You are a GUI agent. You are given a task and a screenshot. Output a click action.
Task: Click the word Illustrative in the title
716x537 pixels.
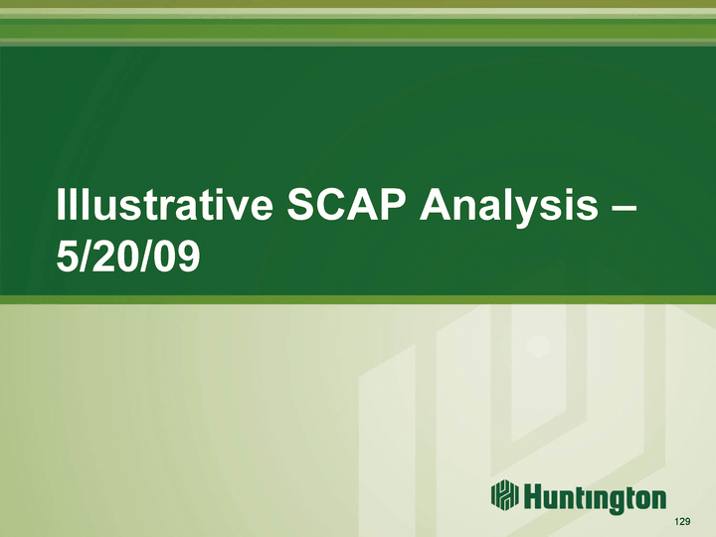coord(164,205)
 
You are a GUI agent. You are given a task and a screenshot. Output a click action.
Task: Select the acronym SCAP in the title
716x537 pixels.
coord(346,204)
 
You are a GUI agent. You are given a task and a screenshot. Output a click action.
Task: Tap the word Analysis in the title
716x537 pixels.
coord(509,208)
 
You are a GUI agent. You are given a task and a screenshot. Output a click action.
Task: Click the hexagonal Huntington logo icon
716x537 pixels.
coord(504,494)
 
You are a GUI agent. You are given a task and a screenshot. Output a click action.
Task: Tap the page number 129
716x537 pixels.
coord(682,521)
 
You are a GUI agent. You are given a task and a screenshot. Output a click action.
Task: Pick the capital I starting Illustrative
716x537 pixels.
coord(60,204)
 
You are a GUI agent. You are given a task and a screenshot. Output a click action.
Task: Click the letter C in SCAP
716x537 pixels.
coord(334,204)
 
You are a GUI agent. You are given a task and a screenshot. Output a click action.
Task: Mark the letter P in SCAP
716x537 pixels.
coord(392,204)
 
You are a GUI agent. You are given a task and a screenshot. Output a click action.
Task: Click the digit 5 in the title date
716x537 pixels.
coord(68,256)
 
